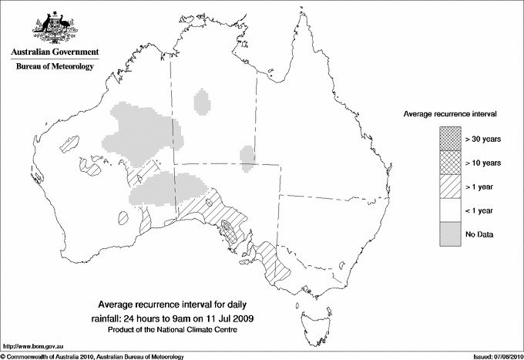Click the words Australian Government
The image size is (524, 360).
click(54, 52)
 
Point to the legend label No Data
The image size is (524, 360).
click(479, 234)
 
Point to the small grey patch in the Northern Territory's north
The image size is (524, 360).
click(203, 101)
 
